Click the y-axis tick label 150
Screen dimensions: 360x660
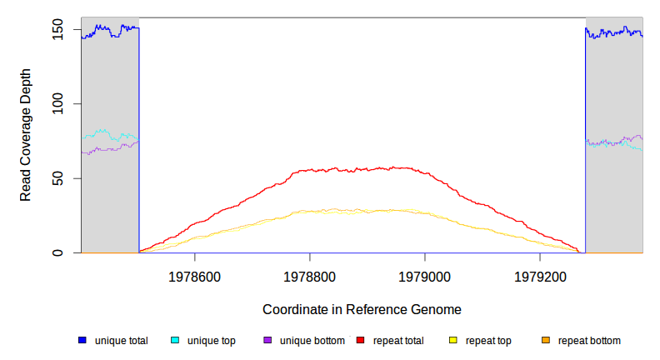pos(58,30)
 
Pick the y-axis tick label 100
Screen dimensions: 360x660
pos(58,104)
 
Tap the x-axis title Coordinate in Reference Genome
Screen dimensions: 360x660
pos(362,309)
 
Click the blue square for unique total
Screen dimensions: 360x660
pos(82,341)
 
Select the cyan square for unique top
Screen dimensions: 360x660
pos(175,341)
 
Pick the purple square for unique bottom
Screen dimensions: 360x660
pos(267,341)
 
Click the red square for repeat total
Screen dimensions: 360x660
pos(361,341)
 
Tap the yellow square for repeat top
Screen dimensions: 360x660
pos(453,341)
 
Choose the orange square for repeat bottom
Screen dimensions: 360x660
pos(546,341)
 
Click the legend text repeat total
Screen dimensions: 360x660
pos(398,341)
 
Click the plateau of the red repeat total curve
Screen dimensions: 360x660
pos(358,169)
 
